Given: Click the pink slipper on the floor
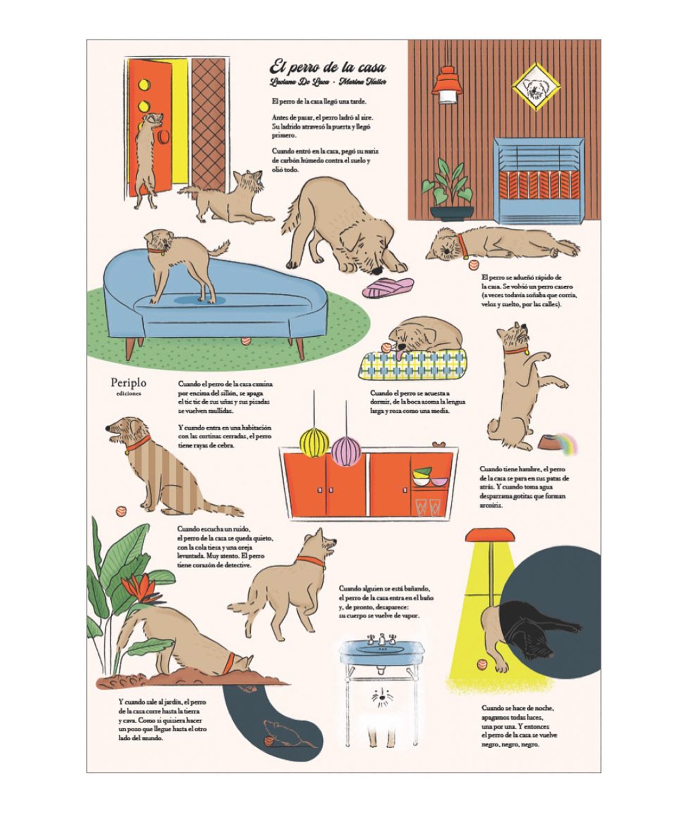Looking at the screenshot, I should pyautogui.click(x=388, y=286).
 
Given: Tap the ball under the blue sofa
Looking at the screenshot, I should pyautogui.click(x=245, y=340).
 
